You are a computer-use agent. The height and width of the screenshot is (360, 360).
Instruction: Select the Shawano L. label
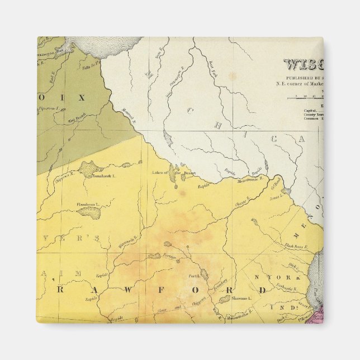[x=241, y=299]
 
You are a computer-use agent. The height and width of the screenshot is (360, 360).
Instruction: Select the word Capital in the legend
[x=310, y=111]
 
